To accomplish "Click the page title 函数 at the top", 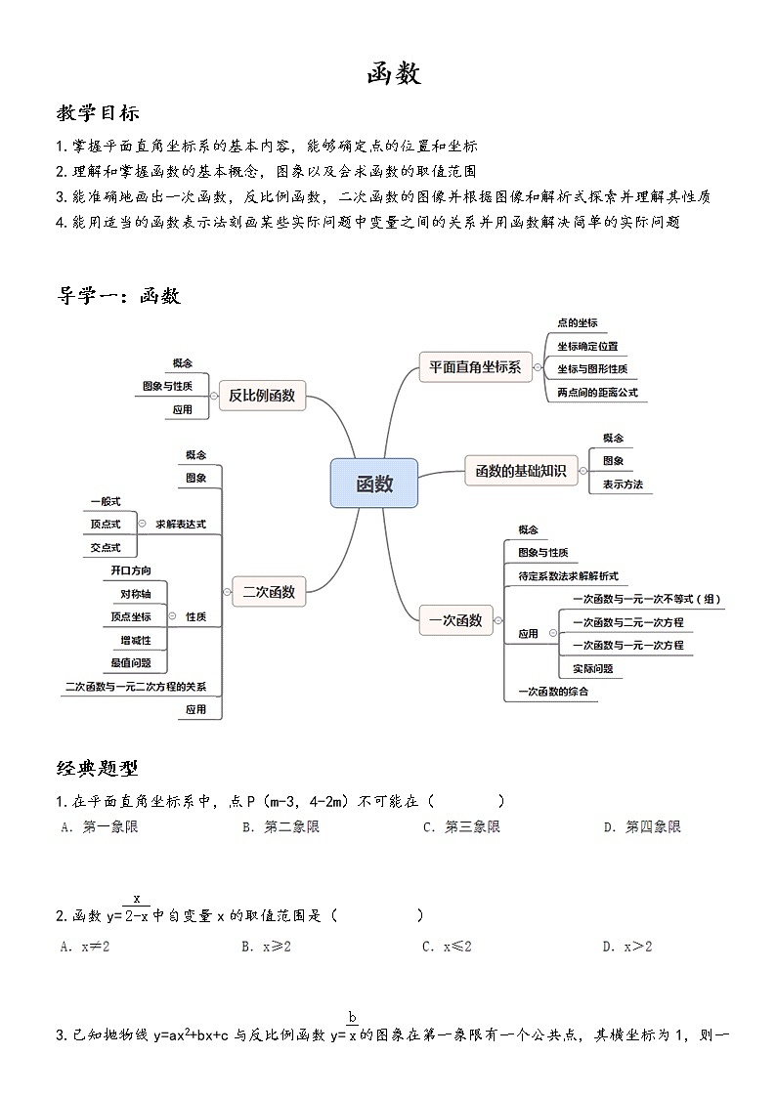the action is point(394,73).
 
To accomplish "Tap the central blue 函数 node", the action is point(373,484).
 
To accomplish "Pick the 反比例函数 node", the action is point(261,396).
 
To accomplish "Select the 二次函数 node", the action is point(269,590).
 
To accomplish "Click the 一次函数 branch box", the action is point(456,620).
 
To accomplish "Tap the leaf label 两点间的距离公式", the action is point(596,393).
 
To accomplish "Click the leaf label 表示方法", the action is point(623,484).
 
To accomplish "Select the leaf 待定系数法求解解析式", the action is point(568,576).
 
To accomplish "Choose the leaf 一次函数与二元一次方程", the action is point(627,622).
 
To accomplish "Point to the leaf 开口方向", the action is point(131,570).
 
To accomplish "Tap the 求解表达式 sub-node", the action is point(181,524).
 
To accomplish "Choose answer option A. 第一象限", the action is point(99,827).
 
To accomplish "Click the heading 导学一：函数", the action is point(118,297).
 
